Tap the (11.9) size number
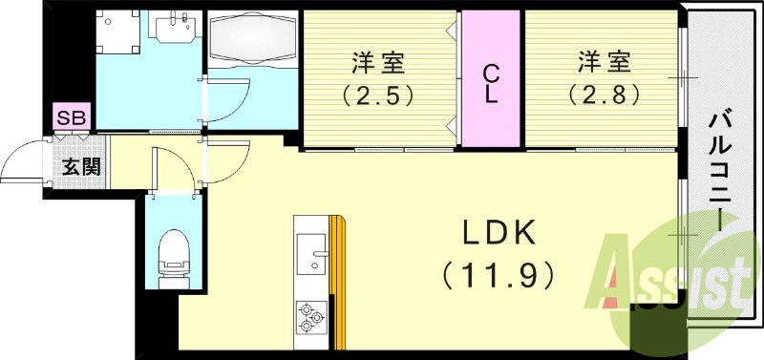499,277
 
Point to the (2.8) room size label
603,95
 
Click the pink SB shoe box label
72,118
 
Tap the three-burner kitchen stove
312,316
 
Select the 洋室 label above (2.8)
603,64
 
